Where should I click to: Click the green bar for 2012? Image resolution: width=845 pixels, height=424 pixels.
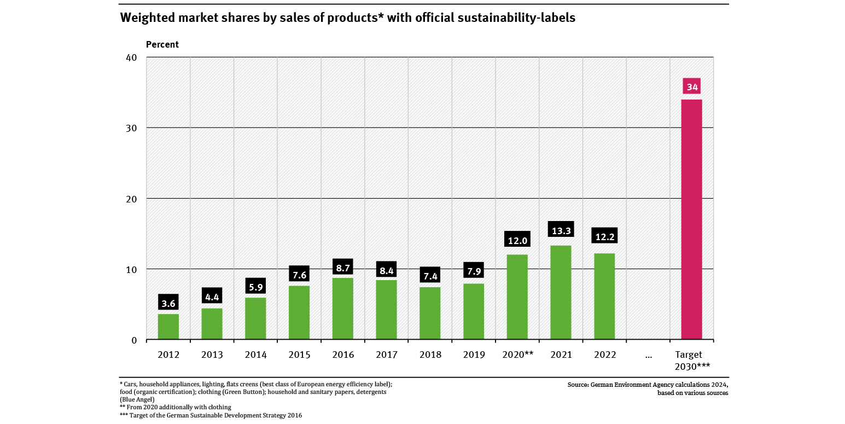[x=168, y=327]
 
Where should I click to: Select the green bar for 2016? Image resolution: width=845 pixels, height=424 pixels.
[x=343, y=309]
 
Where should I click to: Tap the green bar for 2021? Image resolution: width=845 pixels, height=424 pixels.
[x=561, y=293]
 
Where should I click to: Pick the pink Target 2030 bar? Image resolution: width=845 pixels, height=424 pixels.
[x=691, y=219]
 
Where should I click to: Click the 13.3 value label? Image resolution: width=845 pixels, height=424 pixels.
[x=561, y=230]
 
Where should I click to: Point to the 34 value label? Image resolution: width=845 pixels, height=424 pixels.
[x=692, y=87]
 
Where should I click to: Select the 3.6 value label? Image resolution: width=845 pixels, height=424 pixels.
[x=168, y=304]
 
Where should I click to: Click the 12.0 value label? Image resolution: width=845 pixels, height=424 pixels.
[x=517, y=241]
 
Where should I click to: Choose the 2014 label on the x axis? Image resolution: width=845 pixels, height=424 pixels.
[x=256, y=355]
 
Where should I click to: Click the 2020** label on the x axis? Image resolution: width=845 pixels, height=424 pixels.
[x=517, y=355]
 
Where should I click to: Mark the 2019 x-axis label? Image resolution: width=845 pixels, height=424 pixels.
[x=474, y=355]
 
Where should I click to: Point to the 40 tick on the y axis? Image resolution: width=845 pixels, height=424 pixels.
[x=131, y=57]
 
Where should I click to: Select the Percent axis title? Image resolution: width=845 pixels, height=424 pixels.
[x=162, y=44]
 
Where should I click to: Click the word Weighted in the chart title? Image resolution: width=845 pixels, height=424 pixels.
[x=144, y=18]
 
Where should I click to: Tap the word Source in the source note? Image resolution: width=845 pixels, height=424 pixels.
[x=578, y=385]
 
